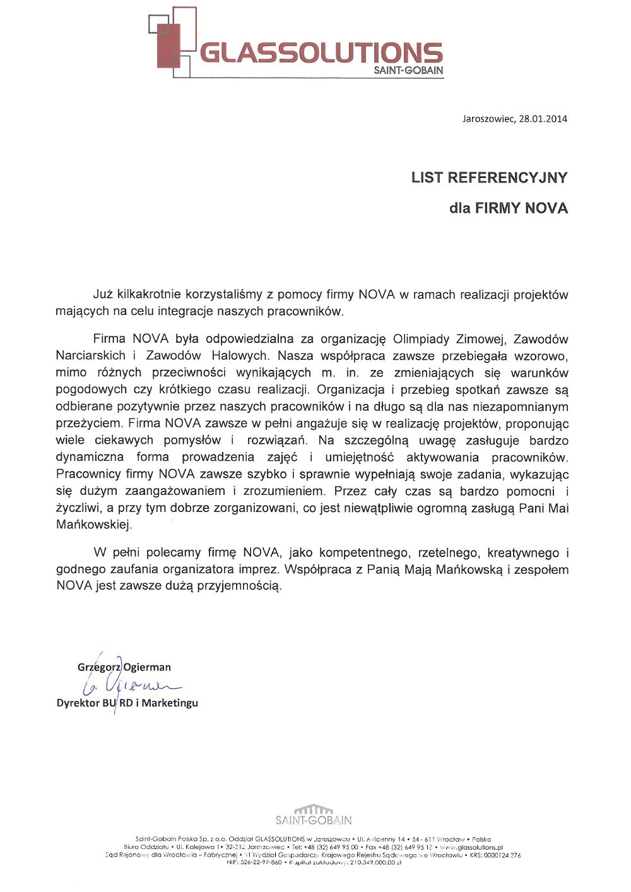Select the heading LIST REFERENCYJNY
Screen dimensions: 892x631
[x=489, y=178]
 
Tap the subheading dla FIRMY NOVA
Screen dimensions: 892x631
[x=508, y=208]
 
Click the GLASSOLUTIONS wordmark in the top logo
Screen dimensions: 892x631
[x=321, y=54]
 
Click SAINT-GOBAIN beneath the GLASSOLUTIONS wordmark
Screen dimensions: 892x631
[x=408, y=71]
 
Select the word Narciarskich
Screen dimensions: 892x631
[x=90, y=355]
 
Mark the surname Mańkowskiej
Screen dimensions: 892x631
[x=94, y=525]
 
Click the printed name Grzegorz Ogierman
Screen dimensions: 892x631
[x=124, y=667]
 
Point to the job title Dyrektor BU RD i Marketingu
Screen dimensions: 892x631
[x=127, y=703]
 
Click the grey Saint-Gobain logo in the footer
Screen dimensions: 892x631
[x=314, y=816]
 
